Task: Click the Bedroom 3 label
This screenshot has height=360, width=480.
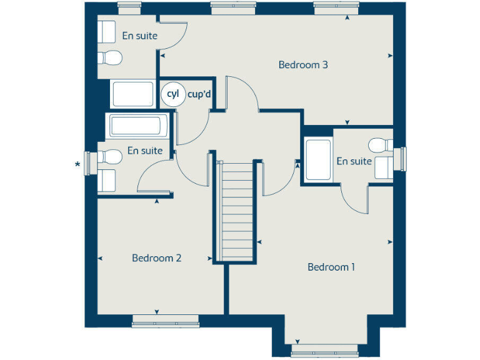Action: coord(303,64)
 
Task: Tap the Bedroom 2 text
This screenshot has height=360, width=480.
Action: coord(156,257)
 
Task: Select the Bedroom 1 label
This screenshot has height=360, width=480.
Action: coord(331,267)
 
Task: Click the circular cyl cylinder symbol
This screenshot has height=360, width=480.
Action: coord(172,94)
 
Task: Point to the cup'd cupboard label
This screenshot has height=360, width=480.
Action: coord(198,94)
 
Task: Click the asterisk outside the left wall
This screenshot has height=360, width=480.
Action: coord(77,165)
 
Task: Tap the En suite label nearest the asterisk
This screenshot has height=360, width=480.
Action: coord(144,151)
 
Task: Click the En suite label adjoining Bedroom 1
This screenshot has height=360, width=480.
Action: coord(354,161)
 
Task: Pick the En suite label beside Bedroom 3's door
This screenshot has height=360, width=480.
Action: coord(139,36)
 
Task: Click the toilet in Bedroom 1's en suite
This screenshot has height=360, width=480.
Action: coord(380,145)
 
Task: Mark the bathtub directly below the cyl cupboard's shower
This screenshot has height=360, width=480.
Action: coord(138,126)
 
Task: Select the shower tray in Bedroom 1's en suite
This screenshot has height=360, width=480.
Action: coord(318,160)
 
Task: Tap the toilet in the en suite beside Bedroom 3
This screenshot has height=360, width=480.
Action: coord(110,57)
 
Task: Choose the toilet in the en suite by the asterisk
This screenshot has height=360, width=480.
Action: coord(111,155)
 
